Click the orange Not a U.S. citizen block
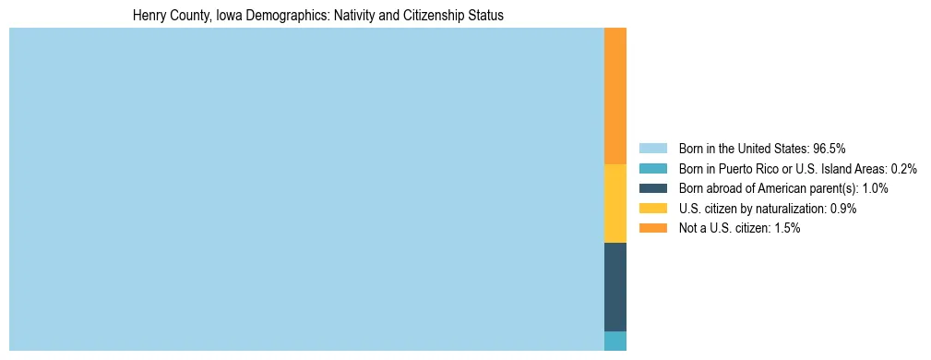click(x=615, y=96)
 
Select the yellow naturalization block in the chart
click(x=615, y=203)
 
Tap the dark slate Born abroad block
click(x=615, y=286)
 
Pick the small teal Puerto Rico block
click(x=615, y=341)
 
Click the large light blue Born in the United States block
click(x=306, y=189)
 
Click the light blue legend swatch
click(x=652, y=149)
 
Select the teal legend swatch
click(x=652, y=169)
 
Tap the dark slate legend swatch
click(x=652, y=188)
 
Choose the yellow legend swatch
click(x=652, y=209)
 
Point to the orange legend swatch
click(x=652, y=228)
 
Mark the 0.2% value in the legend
click(x=904, y=169)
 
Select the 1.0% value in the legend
click(x=875, y=188)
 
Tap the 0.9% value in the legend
click(x=843, y=209)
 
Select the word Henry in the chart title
click(x=150, y=17)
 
